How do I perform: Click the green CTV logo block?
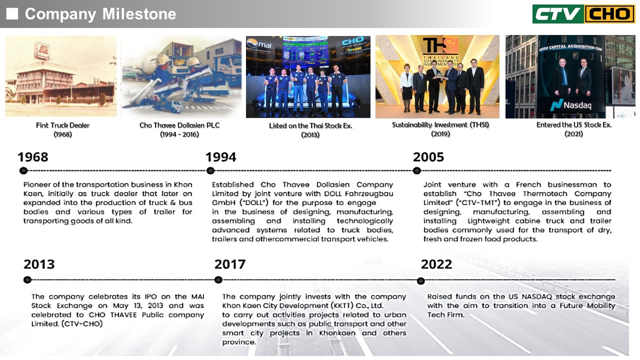pos(558,14)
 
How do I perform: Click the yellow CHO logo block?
pos(609,14)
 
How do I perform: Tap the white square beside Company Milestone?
pos(12,13)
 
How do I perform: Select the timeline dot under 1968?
pos(23,171)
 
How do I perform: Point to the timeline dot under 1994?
pos(210,171)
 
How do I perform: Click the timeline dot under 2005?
pos(417,171)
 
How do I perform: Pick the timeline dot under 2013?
pos(27,279)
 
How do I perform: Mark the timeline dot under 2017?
pos(218,279)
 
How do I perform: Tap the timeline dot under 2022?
pos(420,281)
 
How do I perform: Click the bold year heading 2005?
pos(428,157)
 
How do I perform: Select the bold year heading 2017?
pos(229,264)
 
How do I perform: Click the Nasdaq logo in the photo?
pos(570,105)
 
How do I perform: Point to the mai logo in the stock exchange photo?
pos(259,44)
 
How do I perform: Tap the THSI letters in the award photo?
pos(440,45)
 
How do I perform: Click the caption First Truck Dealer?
pos(62,125)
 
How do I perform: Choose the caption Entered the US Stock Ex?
pos(573,125)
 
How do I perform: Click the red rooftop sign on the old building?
pos(42,51)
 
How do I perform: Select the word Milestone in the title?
pos(139,13)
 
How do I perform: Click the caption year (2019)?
pos(440,133)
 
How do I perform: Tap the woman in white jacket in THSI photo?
pos(406,87)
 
